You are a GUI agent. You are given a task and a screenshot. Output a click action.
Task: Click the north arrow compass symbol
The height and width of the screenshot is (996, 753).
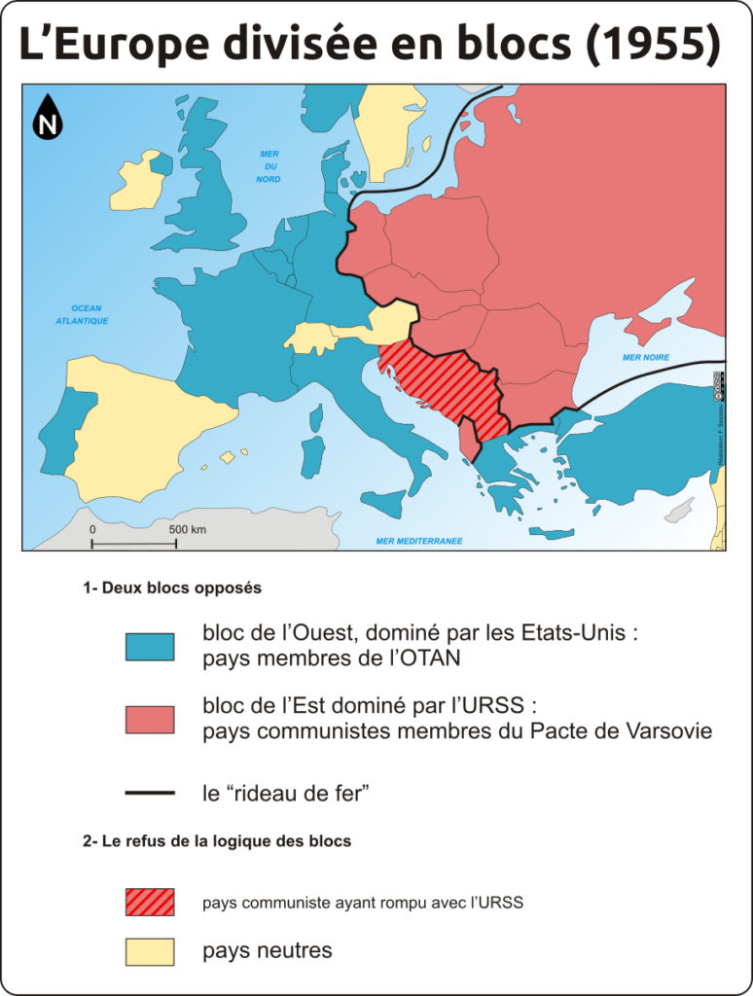pyautogui.click(x=47, y=117)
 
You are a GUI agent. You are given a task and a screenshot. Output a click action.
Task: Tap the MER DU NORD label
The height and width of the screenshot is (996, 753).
pyautogui.click(x=269, y=166)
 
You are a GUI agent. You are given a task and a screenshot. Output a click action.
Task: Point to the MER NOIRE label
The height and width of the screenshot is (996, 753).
pyautogui.click(x=646, y=357)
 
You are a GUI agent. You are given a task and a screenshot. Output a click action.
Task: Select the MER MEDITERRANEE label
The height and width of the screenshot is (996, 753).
pyautogui.click(x=419, y=540)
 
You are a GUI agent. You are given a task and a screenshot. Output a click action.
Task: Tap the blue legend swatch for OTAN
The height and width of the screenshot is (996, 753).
pyautogui.click(x=150, y=647)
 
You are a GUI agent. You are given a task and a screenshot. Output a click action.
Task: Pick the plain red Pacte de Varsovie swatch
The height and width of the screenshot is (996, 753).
pyautogui.click(x=150, y=720)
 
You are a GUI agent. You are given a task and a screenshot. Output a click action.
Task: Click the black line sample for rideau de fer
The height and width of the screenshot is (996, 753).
pyautogui.click(x=150, y=794)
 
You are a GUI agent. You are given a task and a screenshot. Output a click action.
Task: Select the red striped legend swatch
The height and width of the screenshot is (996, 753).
pyautogui.click(x=150, y=902)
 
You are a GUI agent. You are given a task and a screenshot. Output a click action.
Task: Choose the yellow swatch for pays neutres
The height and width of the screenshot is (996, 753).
pyautogui.click(x=150, y=951)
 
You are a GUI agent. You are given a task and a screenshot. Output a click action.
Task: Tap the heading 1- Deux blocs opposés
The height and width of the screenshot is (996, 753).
pyautogui.click(x=172, y=587)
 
